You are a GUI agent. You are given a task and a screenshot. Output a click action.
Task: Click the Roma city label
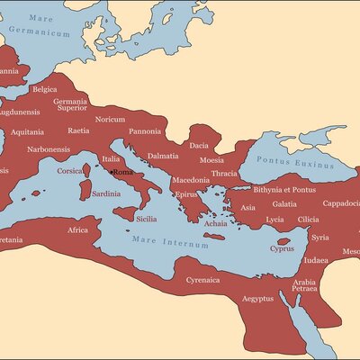(123, 172)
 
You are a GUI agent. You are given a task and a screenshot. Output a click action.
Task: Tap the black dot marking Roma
(112, 172)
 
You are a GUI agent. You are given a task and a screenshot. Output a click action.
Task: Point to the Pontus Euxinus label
(289, 159)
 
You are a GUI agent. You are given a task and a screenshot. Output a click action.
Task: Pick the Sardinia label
(106, 193)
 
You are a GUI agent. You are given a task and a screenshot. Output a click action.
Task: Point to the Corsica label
(70, 170)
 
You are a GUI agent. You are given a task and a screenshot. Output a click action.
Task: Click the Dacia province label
(199, 144)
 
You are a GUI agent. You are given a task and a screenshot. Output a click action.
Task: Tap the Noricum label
(111, 119)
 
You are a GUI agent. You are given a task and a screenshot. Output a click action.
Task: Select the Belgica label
(44, 89)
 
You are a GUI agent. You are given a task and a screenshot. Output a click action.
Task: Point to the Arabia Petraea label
(304, 285)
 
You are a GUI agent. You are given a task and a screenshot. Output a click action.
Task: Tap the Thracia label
(224, 173)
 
